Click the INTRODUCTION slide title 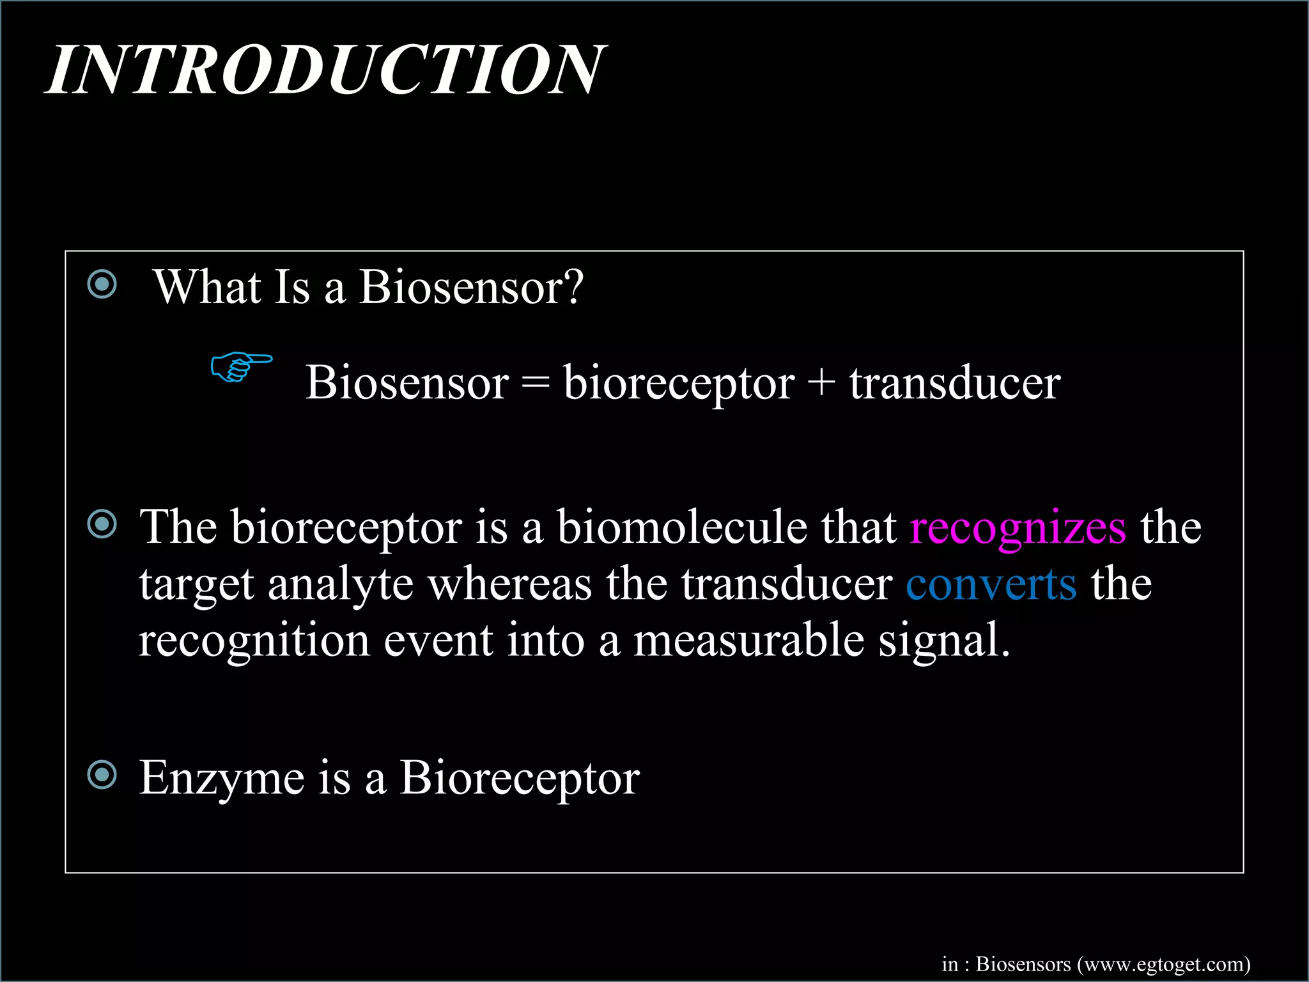[x=326, y=70]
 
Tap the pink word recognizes [x=1018, y=528]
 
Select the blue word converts [x=991, y=584]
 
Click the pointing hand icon [x=240, y=366]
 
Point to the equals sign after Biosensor [x=536, y=384]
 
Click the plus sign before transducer [x=821, y=384]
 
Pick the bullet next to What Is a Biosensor [x=102, y=284]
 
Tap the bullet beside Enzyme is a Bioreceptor [x=102, y=775]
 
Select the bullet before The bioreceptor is [x=102, y=524]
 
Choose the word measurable [x=748, y=641]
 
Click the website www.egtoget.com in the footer [x=1163, y=963]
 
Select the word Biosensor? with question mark [x=471, y=288]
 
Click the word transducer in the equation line [x=954, y=384]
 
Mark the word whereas [x=509, y=584]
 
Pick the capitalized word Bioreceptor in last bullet [x=519, y=779]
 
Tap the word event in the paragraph [x=438, y=641]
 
